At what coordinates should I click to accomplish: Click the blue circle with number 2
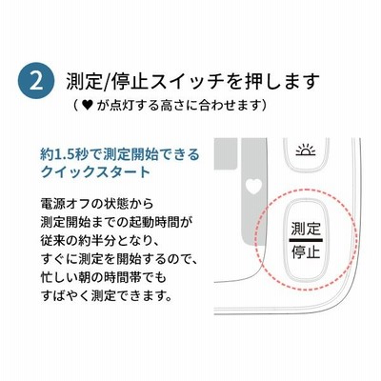coord(36,81)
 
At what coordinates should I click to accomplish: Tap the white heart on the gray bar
coord(254,186)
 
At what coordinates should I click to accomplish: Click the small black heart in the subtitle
coord(87,105)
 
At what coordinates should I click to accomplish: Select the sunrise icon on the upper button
coord(306,151)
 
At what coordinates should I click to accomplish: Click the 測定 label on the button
coord(306,229)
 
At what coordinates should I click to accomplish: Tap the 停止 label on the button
coord(306,251)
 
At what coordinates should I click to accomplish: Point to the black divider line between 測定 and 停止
coord(306,240)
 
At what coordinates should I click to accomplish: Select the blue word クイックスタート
coord(95,171)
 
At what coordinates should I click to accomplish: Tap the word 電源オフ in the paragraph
coord(66,204)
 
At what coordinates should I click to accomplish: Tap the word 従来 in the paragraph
coord(53,241)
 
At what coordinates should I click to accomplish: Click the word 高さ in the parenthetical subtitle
coord(172,105)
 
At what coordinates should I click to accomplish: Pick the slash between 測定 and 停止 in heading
coord(106,82)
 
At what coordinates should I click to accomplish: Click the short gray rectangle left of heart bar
coord(226,153)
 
